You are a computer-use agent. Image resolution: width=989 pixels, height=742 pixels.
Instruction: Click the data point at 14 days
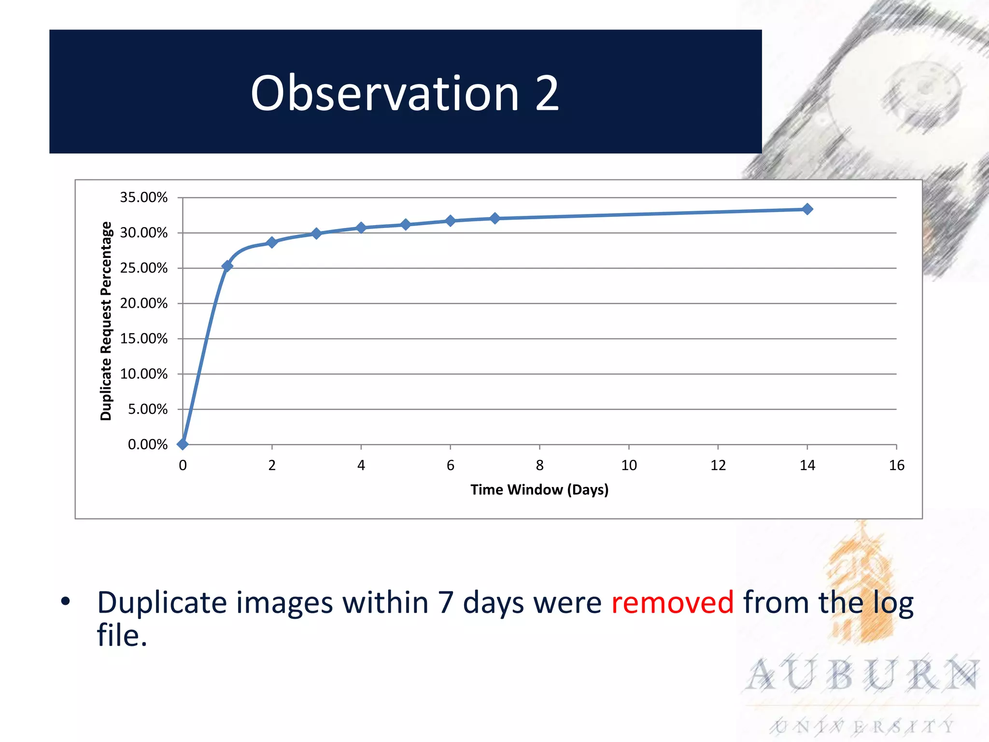click(807, 209)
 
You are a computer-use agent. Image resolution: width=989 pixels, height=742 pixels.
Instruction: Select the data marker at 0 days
click(183, 444)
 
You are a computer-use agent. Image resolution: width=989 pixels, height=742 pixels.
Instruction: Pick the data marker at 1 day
click(227, 266)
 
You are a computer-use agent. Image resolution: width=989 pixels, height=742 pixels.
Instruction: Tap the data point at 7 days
click(495, 218)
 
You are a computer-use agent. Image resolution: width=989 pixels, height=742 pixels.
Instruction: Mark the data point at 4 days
click(361, 228)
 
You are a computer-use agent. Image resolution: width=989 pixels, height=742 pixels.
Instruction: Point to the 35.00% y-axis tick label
click(143, 198)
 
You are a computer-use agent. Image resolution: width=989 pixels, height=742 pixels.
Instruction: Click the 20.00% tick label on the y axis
click(143, 303)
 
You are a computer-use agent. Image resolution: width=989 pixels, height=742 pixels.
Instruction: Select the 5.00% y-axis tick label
click(147, 409)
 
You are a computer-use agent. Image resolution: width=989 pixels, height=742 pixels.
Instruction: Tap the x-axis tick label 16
click(896, 465)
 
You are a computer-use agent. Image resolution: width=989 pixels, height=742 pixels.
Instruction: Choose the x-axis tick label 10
click(629, 465)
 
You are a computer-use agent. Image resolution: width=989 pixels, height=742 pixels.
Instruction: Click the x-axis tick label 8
click(539, 465)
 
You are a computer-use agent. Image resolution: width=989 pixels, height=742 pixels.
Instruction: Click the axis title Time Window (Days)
click(539, 490)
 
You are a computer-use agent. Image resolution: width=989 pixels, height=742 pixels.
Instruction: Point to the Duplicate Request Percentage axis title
click(106, 321)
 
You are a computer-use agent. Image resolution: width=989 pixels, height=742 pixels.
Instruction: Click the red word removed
click(672, 602)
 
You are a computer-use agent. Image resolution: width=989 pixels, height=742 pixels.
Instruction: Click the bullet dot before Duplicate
click(66, 601)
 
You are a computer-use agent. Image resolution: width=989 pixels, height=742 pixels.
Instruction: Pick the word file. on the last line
click(122, 635)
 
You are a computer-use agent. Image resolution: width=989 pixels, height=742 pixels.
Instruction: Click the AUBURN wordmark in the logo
click(862, 675)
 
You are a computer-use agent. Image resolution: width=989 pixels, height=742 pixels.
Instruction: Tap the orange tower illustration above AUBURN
click(860, 585)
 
